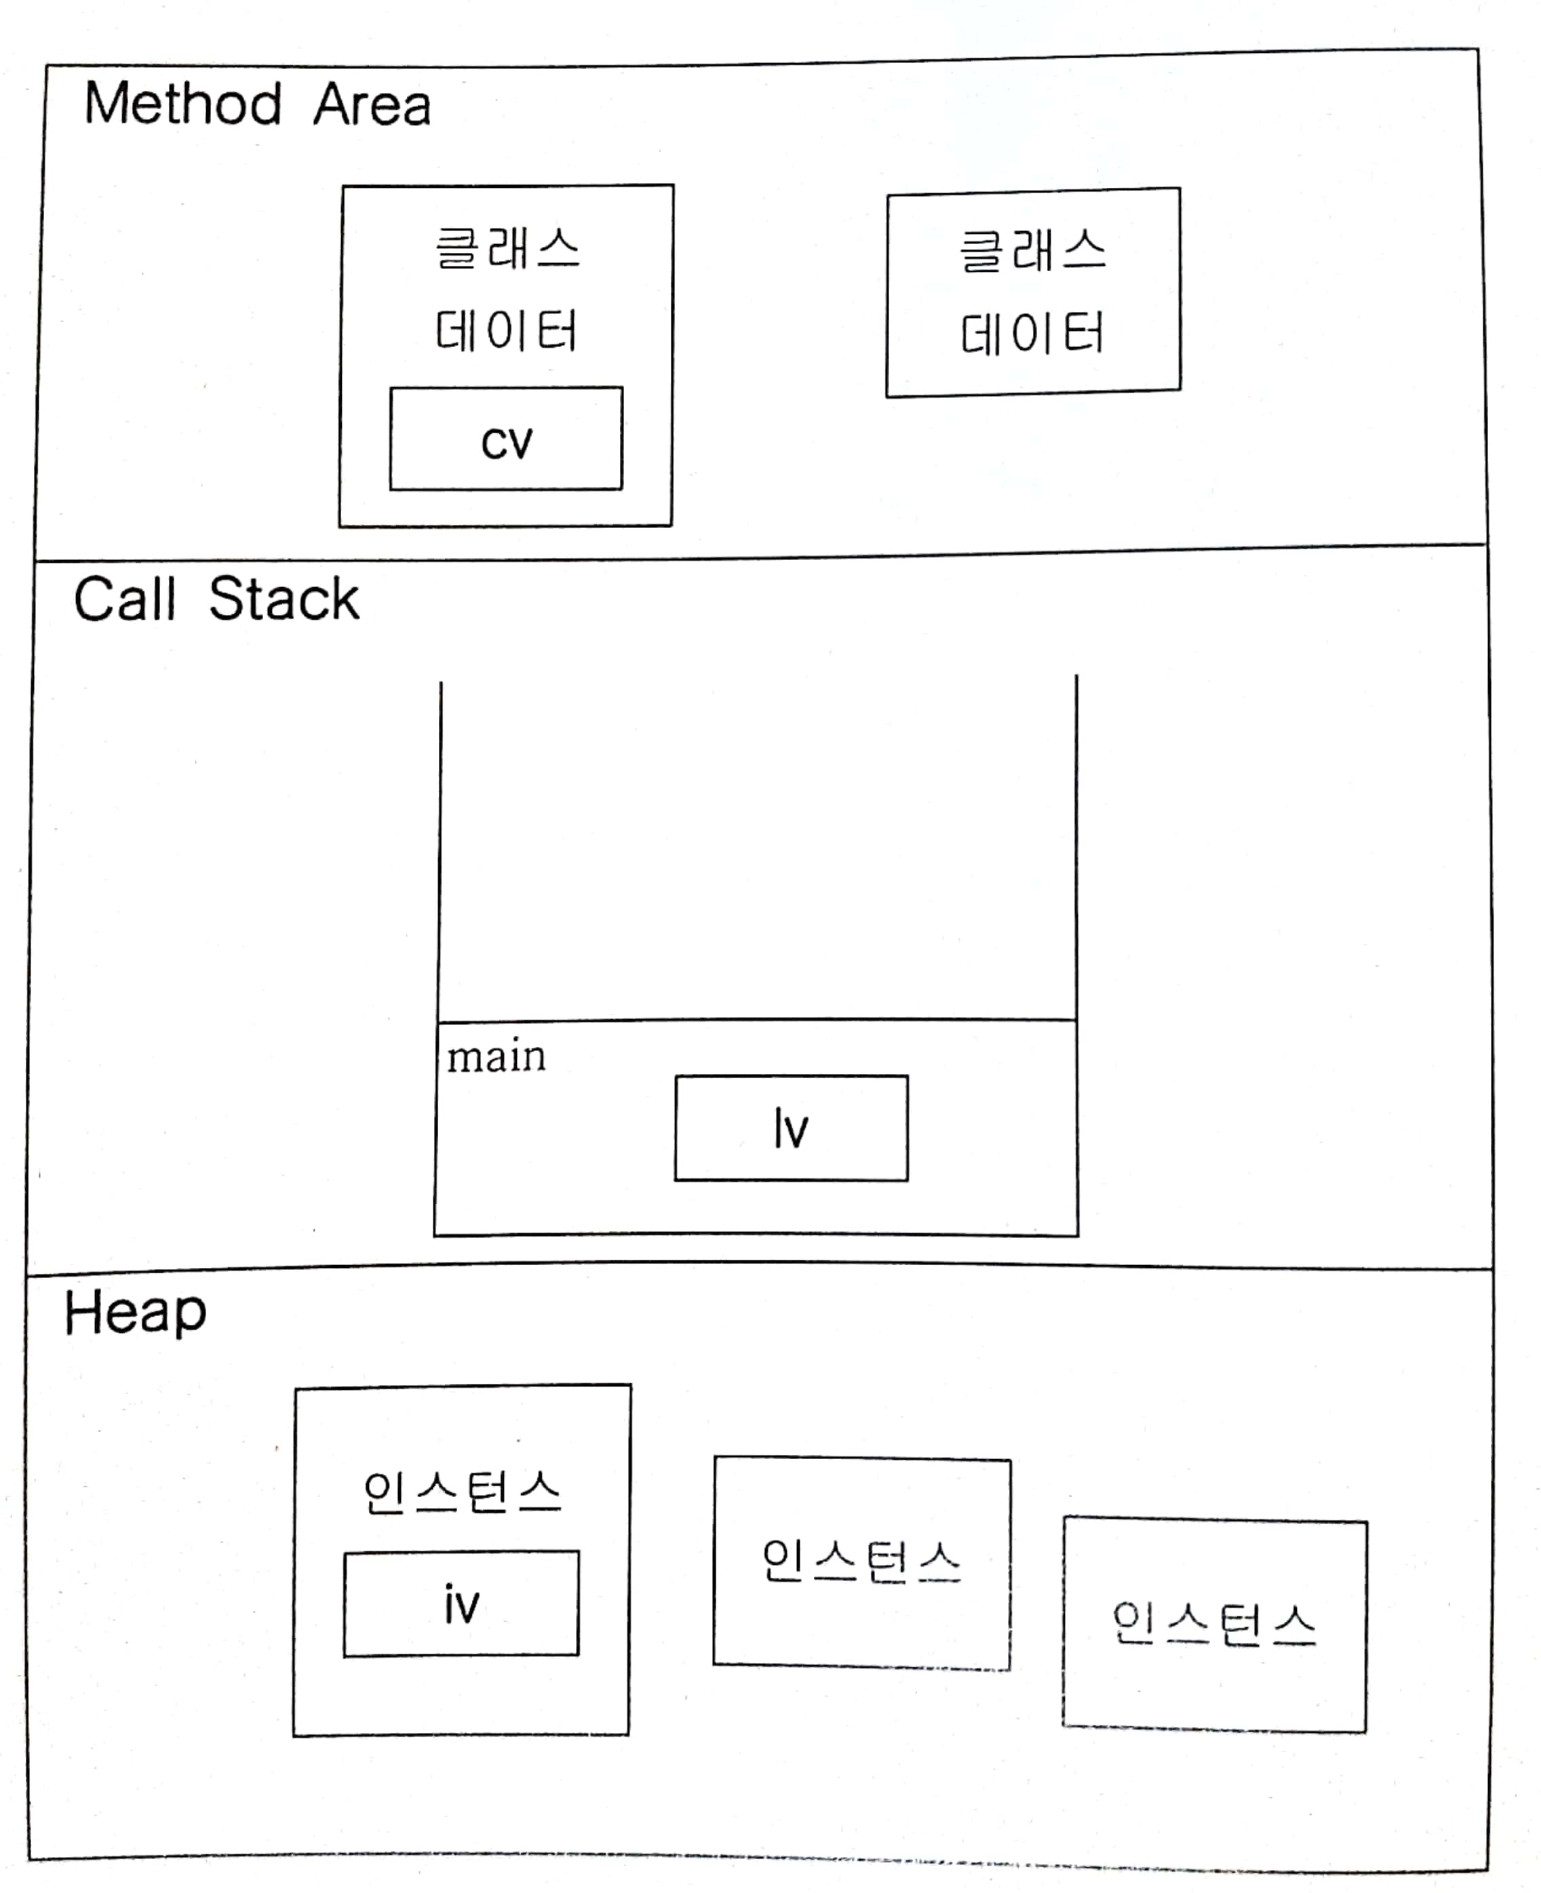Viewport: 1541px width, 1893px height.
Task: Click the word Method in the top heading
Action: [183, 104]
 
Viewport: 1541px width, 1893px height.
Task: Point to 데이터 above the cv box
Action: [506, 331]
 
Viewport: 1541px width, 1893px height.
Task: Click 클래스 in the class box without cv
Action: [1033, 250]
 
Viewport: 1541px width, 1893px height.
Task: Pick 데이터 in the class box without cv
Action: [1032, 334]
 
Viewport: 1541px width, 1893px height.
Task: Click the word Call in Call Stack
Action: [124, 599]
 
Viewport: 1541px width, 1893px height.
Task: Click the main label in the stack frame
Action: [496, 1057]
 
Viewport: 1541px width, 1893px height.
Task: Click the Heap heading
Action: [135, 1313]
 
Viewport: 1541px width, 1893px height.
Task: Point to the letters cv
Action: [506, 442]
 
